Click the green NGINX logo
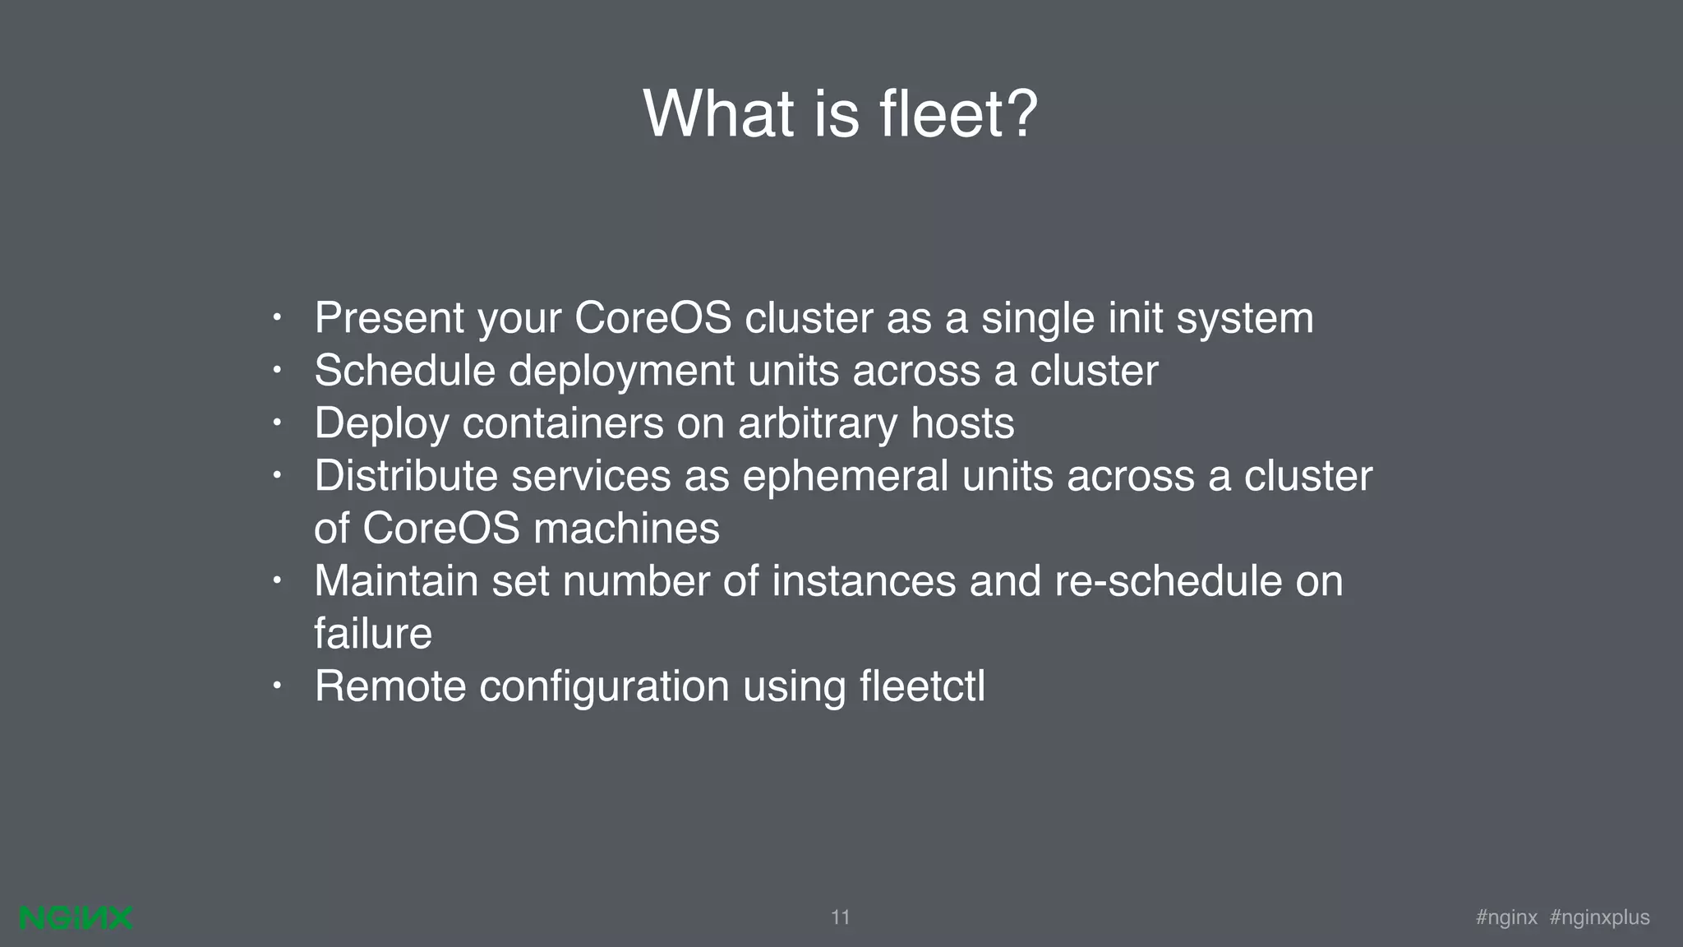[76, 918]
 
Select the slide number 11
[840, 917]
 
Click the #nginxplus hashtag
[1599, 917]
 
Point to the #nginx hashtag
[1506, 917]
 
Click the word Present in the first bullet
[389, 318]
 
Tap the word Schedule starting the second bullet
[404, 371]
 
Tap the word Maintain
[396, 581]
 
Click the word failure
[373, 634]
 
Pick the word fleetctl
[922, 686]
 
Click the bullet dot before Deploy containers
[278, 421]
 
